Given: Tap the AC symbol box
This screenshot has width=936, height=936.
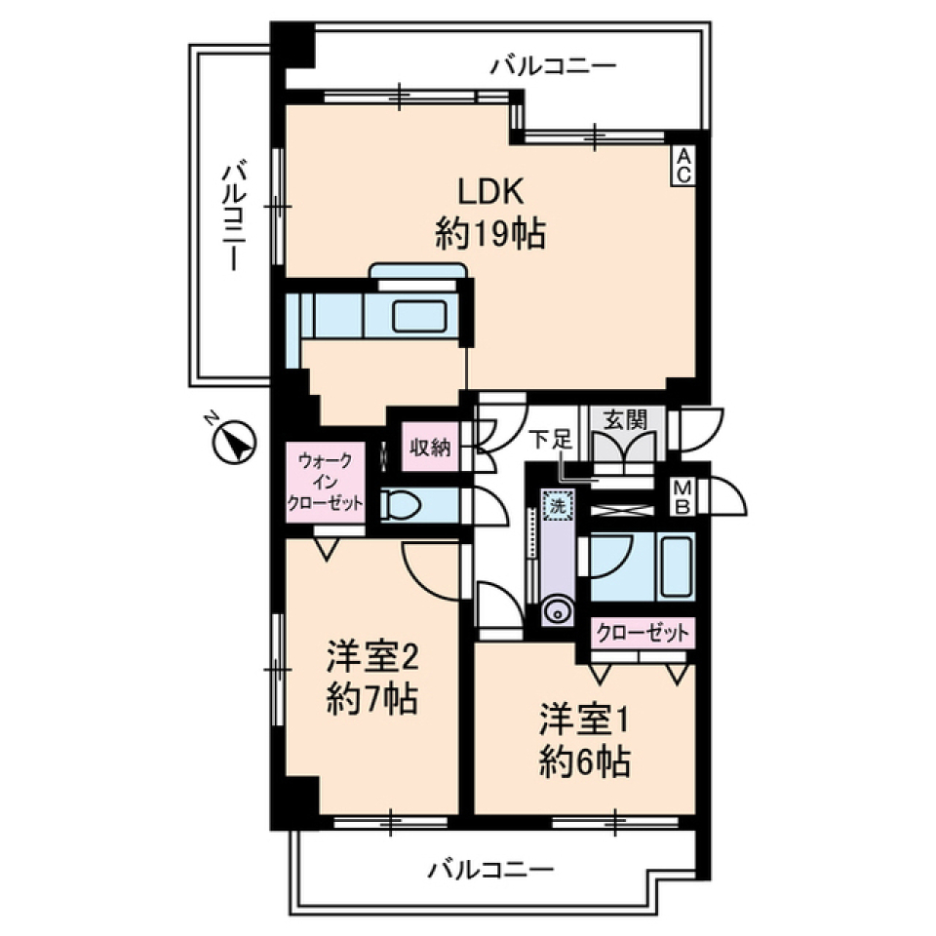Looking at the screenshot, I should [683, 166].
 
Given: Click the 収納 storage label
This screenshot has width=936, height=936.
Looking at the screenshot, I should [429, 448].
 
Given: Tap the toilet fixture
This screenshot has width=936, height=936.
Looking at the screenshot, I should [402, 505].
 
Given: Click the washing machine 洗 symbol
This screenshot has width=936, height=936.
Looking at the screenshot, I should [557, 507].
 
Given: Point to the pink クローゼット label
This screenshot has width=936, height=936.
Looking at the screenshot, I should [643, 632].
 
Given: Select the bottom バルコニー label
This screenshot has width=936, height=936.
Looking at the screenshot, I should [491, 867].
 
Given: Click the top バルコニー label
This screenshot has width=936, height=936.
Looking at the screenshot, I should [553, 66].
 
